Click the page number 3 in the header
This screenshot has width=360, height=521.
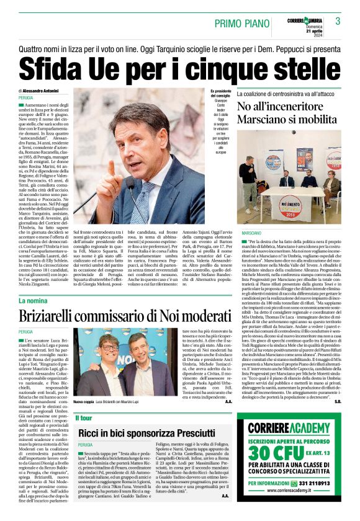(338, 22)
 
